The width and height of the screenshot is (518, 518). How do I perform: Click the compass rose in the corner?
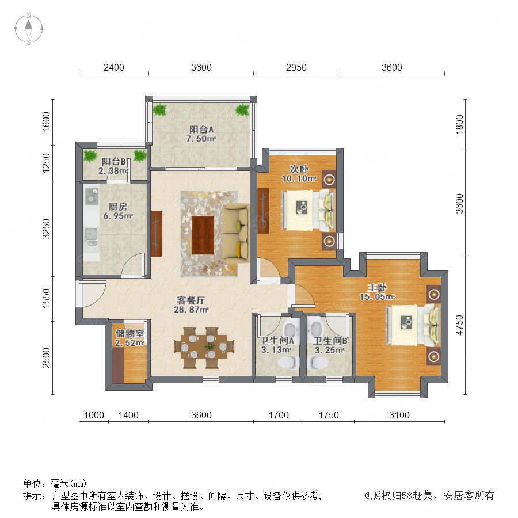coord(29,29)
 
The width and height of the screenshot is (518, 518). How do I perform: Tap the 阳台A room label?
coord(201,129)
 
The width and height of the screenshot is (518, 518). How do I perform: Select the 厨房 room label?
coord(118,207)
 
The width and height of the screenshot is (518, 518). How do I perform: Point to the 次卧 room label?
coord(299,169)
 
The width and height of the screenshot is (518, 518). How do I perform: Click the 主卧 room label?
coord(377,287)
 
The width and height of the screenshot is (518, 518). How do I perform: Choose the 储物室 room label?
coord(130,334)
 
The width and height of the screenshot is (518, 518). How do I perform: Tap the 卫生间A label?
coord(277,340)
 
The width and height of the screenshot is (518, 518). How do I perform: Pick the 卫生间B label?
coord(330,341)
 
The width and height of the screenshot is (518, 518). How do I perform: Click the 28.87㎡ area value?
coord(191,310)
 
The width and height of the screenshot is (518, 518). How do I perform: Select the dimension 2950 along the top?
coord(296,67)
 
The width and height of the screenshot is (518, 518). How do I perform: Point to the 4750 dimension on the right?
coord(459,325)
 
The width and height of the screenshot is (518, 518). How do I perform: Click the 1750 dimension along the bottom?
coord(329,415)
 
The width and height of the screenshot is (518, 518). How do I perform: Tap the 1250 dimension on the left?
coord(46,163)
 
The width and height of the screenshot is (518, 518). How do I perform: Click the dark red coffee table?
coord(203,235)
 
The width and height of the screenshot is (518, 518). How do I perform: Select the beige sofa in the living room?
coord(236,233)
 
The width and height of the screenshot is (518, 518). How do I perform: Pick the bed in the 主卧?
coord(413,325)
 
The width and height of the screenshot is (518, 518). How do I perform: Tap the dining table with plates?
coord(204,348)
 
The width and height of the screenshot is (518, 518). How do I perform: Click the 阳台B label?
coord(113,162)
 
